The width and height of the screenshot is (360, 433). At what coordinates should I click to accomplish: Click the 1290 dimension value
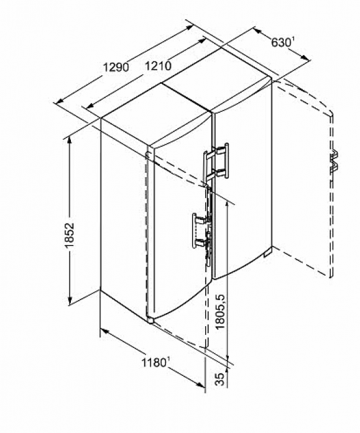(116, 67)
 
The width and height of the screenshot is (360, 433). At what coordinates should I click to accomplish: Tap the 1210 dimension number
(159, 66)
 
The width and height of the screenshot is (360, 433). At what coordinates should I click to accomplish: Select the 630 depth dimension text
(281, 42)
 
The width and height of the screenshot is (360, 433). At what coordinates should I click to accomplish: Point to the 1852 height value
(70, 235)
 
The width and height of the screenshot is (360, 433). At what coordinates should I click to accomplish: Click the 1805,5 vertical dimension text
(221, 312)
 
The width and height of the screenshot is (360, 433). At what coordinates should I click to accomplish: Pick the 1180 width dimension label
(154, 362)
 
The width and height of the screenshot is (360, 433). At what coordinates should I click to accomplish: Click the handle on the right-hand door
(216, 162)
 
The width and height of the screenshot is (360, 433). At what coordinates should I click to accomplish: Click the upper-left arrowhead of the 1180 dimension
(104, 331)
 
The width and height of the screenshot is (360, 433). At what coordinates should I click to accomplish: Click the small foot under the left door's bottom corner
(150, 321)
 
